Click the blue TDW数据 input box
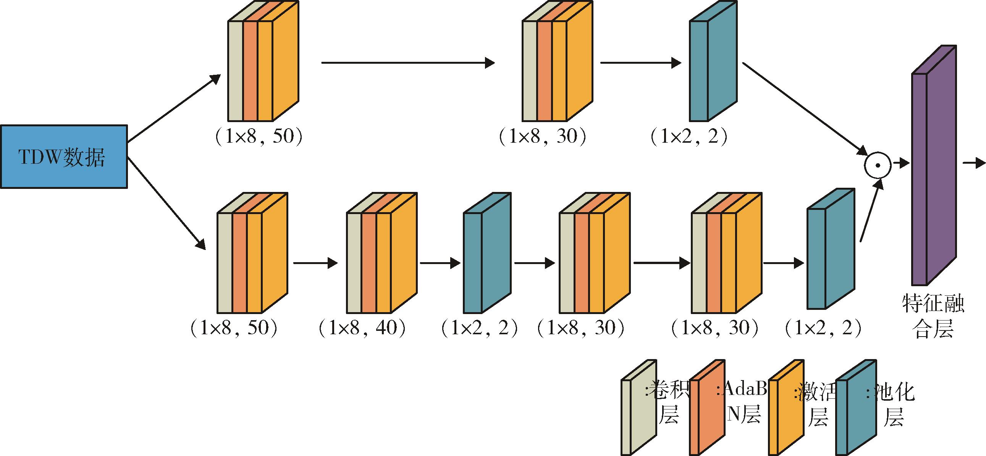tap(63, 156)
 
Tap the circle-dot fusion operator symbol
tap(878, 165)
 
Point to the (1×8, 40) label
tap(362, 328)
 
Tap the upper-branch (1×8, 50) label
tap(259, 137)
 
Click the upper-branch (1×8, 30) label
tap(543, 137)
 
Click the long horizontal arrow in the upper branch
tap(407, 63)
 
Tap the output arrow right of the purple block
tap(974, 163)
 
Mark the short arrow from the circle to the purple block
tap(901, 163)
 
